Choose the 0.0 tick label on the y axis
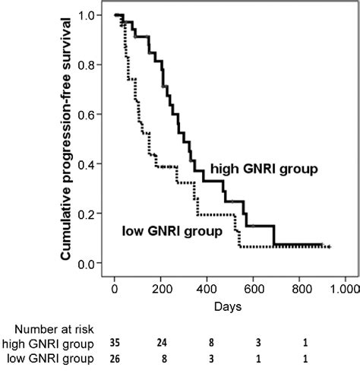[x=93, y=264]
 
